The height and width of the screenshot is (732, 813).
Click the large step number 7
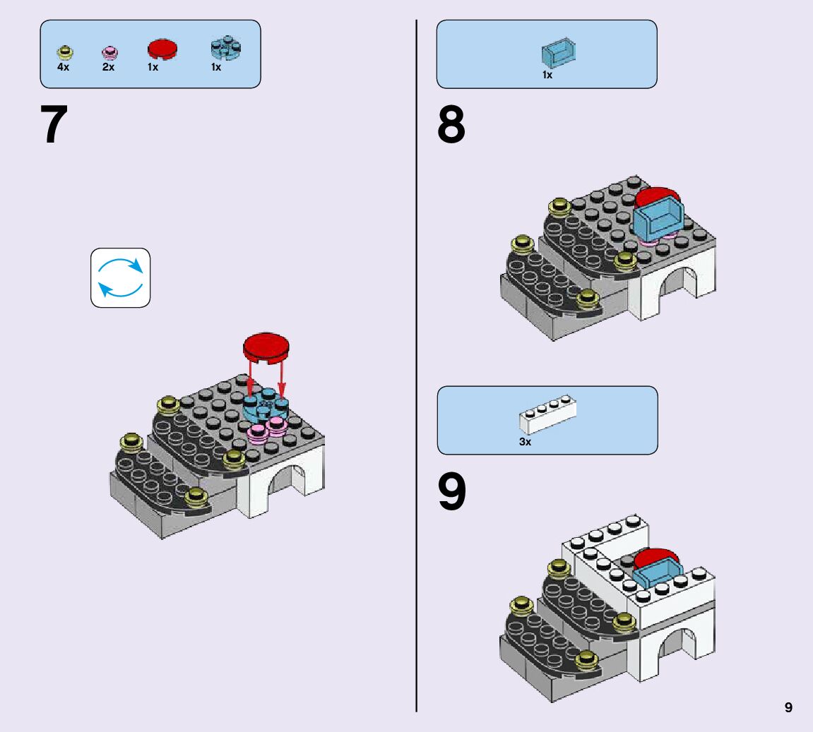[54, 124]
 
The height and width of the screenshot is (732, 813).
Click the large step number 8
[451, 124]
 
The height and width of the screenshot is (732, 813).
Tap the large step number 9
[451, 491]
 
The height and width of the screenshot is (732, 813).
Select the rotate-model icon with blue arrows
[120, 277]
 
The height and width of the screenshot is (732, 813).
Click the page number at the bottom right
[788, 708]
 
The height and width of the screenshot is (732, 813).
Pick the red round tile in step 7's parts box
[162, 49]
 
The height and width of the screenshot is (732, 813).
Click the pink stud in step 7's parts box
[109, 52]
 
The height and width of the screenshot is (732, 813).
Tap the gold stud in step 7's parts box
[65, 52]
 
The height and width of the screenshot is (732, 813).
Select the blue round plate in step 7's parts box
[225, 48]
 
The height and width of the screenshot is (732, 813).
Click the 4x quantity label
[64, 67]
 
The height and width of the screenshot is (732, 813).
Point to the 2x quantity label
[108, 67]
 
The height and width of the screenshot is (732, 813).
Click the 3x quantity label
[526, 442]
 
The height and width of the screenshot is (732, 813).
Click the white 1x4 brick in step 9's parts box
[547, 414]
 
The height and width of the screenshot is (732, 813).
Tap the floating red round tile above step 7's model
[266, 347]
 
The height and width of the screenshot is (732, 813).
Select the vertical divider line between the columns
[416, 366]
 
